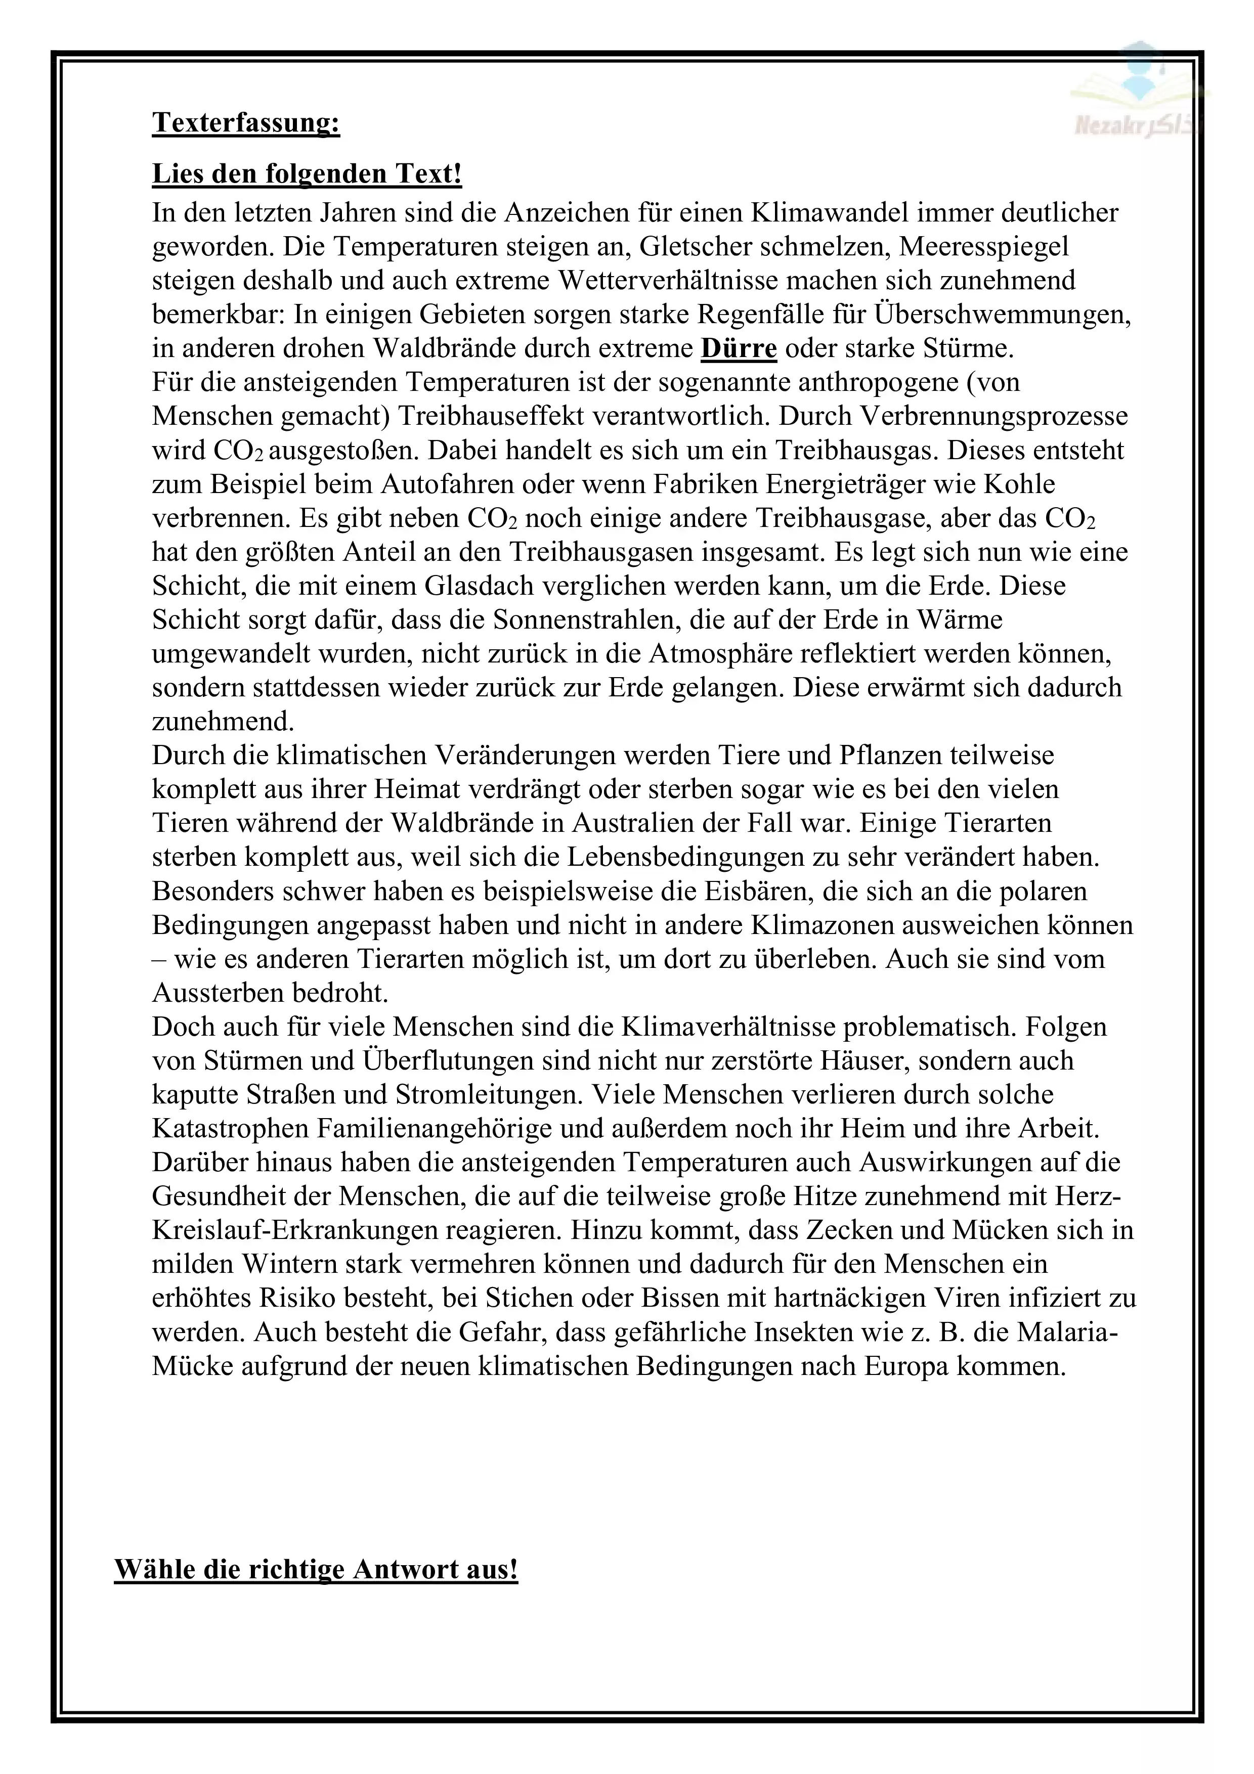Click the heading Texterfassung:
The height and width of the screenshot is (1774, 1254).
click(246, 123)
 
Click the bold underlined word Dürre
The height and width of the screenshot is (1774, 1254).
click(738, 348)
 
